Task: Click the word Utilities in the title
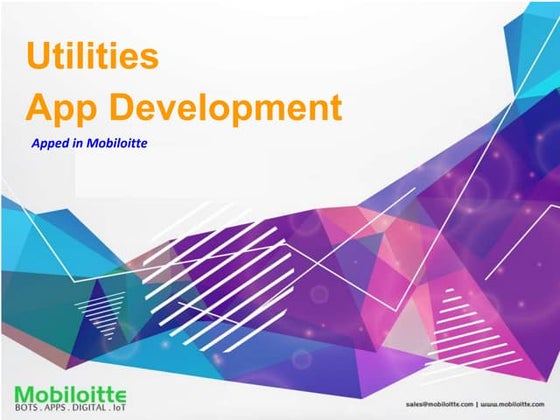point(91,56)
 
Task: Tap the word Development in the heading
point(226,106)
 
